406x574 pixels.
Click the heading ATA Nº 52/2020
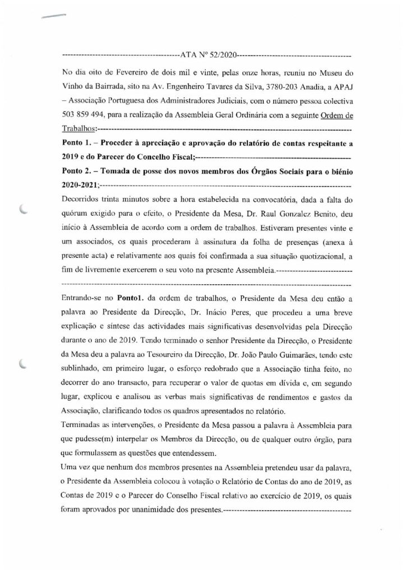coord(207,56)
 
